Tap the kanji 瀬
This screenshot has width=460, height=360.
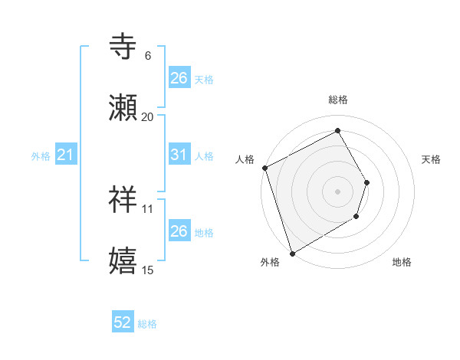point(123,109)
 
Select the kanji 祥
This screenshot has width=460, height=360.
point(123,201)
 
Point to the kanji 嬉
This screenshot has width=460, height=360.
point(123,261)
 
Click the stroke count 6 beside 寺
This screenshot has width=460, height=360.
point(148,56)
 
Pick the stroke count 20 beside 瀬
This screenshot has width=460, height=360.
point(148,116)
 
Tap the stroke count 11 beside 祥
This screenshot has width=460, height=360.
point(148,208)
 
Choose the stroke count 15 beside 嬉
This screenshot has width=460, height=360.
point(148,269)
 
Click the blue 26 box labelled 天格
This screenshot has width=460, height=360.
point(179,78)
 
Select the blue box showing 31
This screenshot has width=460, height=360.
point(179,155)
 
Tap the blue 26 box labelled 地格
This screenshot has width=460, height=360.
point(179,231)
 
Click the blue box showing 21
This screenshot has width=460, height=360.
point(66,155)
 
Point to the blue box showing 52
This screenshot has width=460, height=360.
point(123,322)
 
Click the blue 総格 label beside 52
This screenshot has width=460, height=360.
point(147,324)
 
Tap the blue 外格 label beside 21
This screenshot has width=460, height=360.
point(41,156)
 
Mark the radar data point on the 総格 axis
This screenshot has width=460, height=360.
point(337,130)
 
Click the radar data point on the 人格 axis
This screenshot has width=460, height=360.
point(264,168)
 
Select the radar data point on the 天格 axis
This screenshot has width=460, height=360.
point(367,182)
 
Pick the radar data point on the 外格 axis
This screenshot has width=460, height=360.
point(292,253)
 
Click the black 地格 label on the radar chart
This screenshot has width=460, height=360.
point(402,263)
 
